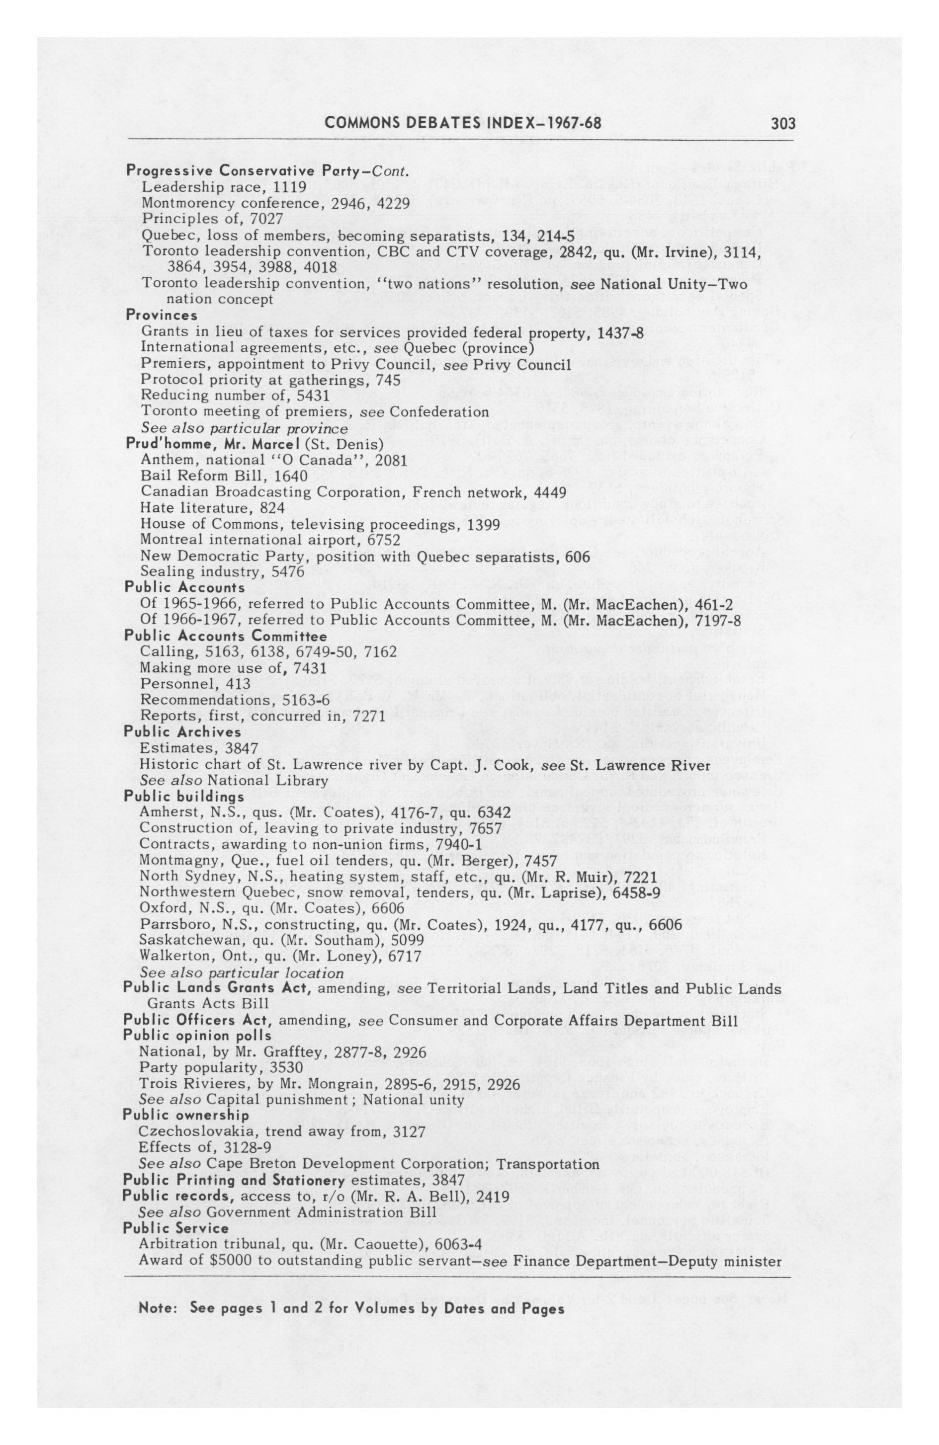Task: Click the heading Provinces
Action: (161, 315)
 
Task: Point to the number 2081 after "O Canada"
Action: (391, 460)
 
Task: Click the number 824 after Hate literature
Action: (271, 507)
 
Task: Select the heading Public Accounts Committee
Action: (225, 636)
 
